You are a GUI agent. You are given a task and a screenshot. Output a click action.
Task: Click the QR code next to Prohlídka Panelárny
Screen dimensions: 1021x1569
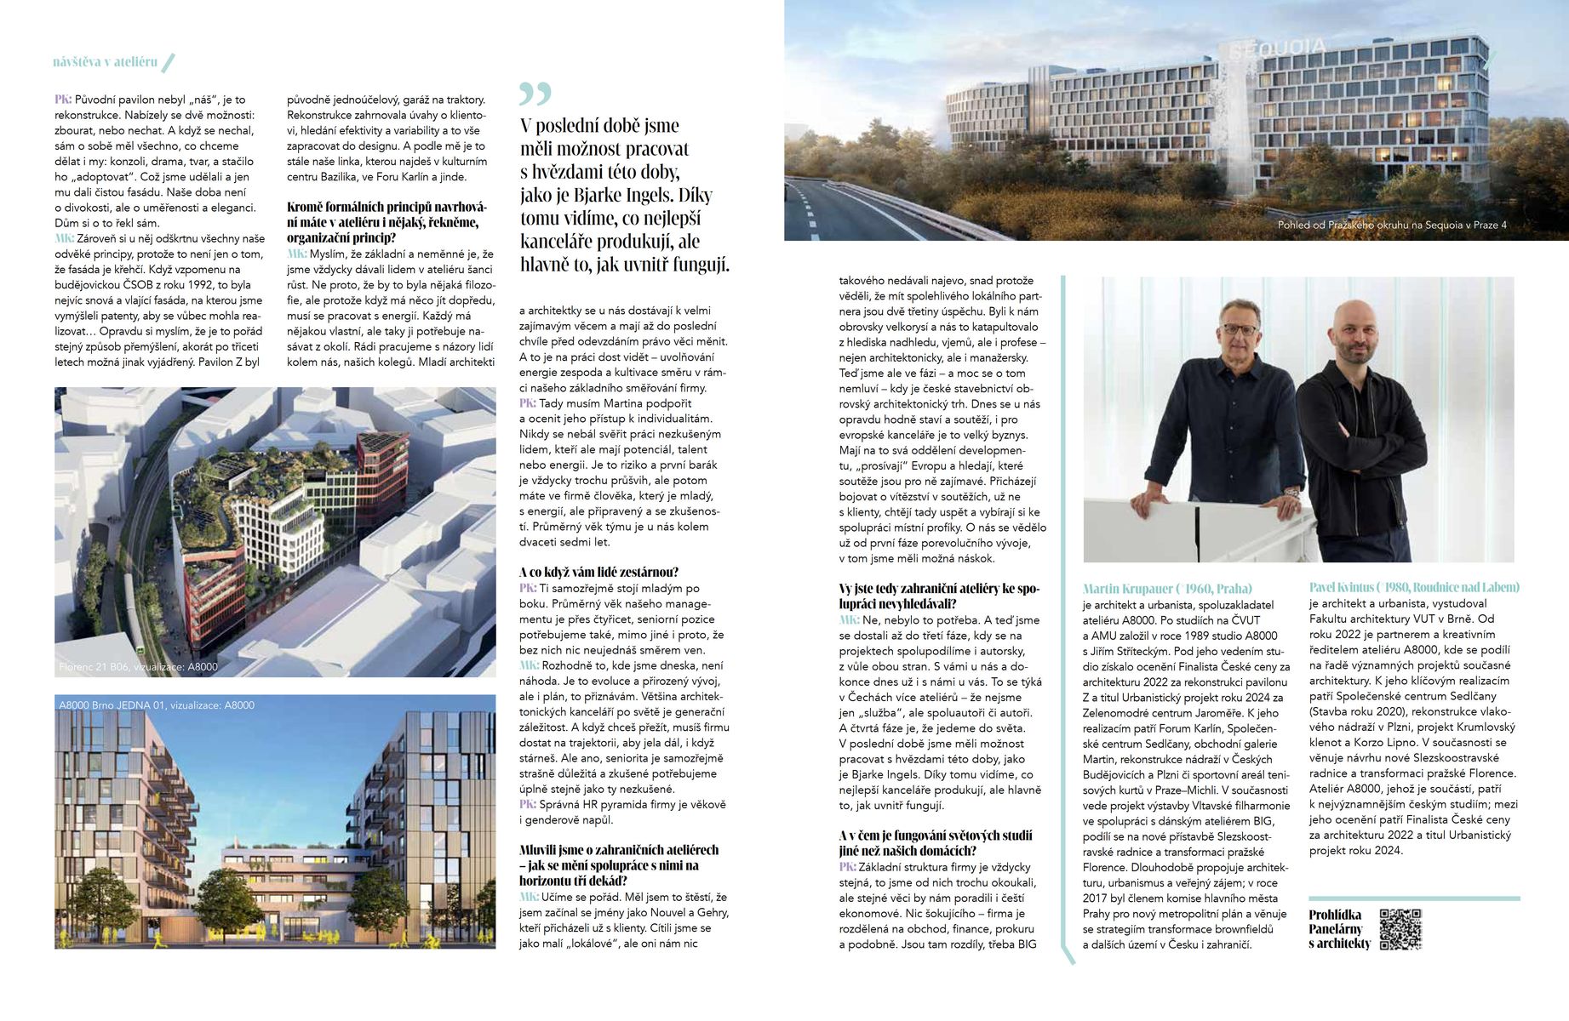[1400, 928]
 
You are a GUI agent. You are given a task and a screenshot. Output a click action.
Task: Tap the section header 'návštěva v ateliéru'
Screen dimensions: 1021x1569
[105, 62]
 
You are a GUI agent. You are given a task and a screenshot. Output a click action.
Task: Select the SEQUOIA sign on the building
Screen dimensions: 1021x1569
[1278, 48]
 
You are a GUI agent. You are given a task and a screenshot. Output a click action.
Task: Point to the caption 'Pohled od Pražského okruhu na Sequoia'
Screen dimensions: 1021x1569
[1391, 225]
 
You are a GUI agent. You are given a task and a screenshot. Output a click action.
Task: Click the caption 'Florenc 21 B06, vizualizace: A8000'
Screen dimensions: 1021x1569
[138, 667]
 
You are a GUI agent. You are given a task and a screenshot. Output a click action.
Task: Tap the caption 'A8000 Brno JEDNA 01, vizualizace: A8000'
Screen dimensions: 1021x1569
[157, 705]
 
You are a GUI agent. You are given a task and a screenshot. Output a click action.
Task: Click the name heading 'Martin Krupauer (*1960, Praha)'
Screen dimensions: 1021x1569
[1167, 588]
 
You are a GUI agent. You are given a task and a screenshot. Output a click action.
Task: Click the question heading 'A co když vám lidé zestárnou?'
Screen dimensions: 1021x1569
[598, 572]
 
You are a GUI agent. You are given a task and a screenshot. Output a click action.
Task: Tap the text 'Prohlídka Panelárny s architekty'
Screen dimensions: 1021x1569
[1339, 929]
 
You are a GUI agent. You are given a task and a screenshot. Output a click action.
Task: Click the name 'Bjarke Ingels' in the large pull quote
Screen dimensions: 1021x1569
[611, 195]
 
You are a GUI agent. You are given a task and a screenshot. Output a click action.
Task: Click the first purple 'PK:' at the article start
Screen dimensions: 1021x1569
[63, 100]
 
